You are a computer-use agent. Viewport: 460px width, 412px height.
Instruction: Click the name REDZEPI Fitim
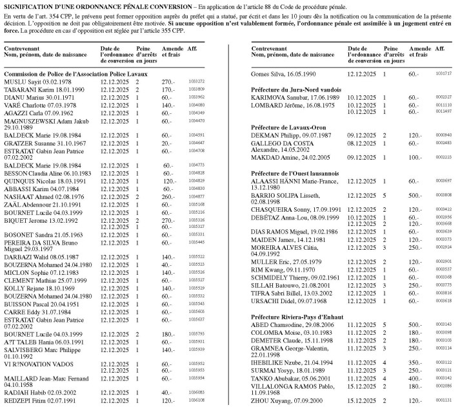coord(21,400)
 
